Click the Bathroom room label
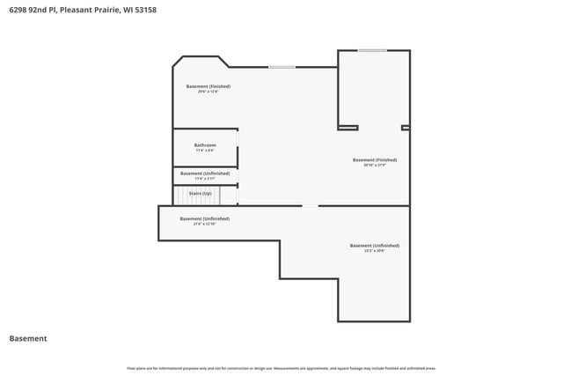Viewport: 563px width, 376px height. [204, 144]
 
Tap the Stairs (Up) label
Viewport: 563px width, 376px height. [201, 193]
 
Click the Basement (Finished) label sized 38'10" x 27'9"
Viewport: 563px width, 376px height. [374, 159]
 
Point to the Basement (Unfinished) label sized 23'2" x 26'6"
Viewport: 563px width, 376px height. [374, 245]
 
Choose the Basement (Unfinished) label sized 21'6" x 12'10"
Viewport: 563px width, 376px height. [204, 218]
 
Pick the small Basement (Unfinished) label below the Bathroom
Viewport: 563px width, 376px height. [204, 173]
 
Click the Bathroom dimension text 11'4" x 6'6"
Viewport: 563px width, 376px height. [204, 150]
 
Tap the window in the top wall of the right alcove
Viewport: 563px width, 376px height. [371, 50]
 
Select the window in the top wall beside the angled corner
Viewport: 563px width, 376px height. [281, 67]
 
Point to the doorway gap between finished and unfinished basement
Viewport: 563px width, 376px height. [310, 206]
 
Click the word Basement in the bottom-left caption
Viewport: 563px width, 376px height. [28, 338]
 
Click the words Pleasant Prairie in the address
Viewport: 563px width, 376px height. [86, 9]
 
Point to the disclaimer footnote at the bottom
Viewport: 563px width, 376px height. [281, 368]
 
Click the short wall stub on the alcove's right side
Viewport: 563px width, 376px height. [406, 128]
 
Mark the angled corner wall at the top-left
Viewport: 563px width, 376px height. [176, 63]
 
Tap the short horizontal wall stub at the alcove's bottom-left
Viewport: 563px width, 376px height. [347, 128]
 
